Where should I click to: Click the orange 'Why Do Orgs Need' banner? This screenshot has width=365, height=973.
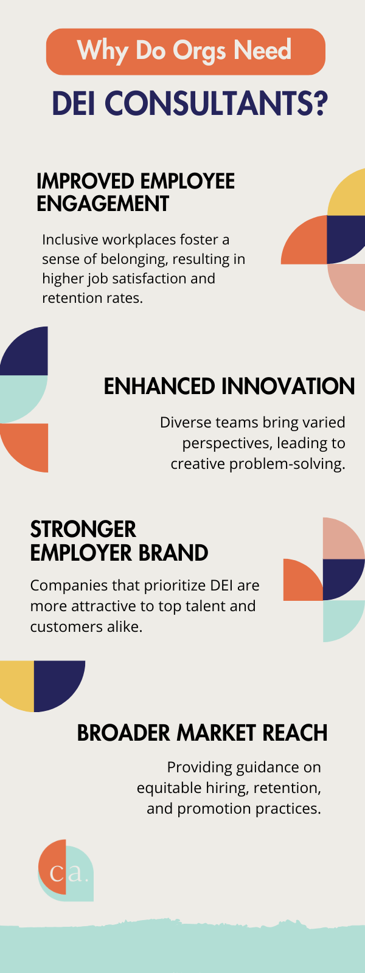pyautogui.click(x=186, y=52)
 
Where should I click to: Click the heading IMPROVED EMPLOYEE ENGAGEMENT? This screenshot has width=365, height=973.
pyautogui.click(x=135, y=192)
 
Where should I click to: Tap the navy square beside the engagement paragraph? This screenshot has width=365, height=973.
pyautogui.click(x=346, y=240)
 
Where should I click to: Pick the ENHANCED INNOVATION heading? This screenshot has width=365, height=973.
pyautogui.click(x=229, y=387)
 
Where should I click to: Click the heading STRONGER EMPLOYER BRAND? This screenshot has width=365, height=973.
pyautogui.click(x=119, y=541)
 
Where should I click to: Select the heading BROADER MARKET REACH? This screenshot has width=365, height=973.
pyautogui.click(x=202, y=733)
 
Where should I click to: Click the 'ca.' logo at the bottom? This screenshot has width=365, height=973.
pyautogui.click(x=66, y=871)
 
